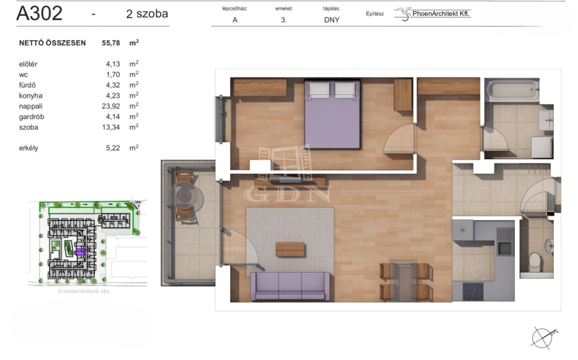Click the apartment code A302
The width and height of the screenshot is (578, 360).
(40, 14)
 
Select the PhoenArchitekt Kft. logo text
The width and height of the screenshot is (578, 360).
(441, 14)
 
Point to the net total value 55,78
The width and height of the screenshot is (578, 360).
(111, 43)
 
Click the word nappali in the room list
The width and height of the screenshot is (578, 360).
(30, 107)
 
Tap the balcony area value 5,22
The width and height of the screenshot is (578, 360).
(113, 148)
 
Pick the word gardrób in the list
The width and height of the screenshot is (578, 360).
(32, 117)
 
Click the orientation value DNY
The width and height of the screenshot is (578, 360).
(332, 20)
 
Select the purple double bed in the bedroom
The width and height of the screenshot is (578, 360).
(332, 114)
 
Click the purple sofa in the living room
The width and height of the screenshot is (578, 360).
(290, 286)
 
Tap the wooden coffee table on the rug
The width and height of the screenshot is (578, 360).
(290, 249)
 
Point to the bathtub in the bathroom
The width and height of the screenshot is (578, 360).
(513, 90)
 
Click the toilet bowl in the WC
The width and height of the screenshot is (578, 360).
(535, 261)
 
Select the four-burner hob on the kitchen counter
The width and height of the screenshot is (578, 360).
(474, 292)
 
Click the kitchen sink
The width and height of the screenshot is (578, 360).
(505, 242)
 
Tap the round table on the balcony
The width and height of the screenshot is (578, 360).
(187, 196)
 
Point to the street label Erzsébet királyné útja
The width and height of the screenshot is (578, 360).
(84, 291)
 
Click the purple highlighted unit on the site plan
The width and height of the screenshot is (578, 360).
(80, 252)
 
